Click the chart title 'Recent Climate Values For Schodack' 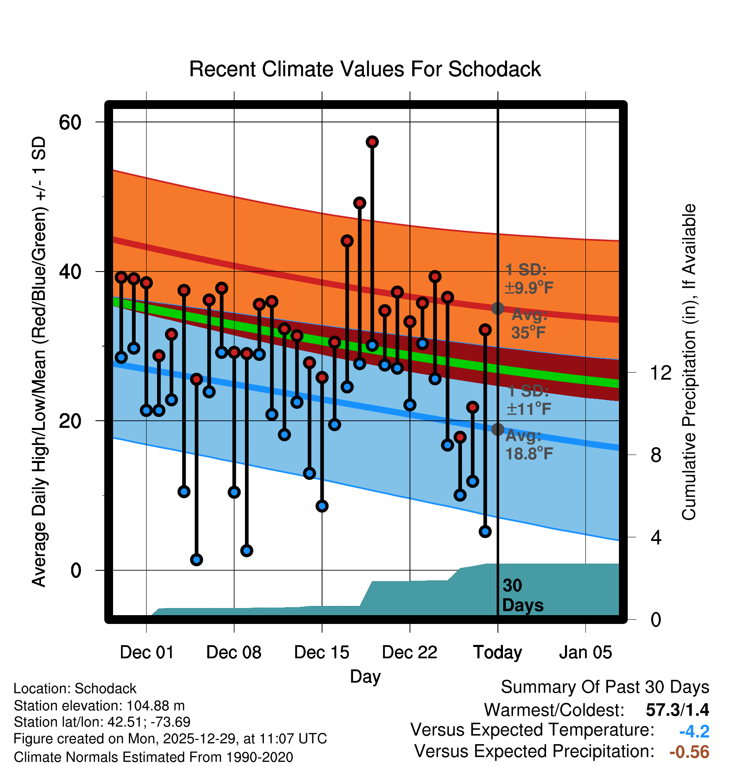[x=365, y=69]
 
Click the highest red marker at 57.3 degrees [x=372, y=142]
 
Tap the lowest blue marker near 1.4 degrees [x=196, y=559]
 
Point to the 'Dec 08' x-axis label [x=234, y=652]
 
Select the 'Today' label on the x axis [x=497, y=652]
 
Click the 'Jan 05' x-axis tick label [x=585, y=652]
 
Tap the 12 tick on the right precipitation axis [x=660, y=373]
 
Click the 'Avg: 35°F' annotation [x=529, y=323]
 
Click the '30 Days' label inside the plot [x=522, y=595]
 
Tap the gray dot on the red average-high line [x=497, y=308]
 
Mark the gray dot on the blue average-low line [x=497, y=430]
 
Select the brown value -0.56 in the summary [x=689, y=752]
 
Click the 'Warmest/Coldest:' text [x=554, y=710]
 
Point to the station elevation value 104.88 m [x=155, y=706]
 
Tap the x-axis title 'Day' [x=365, y=676]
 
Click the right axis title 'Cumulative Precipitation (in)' [x=689, y=362]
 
